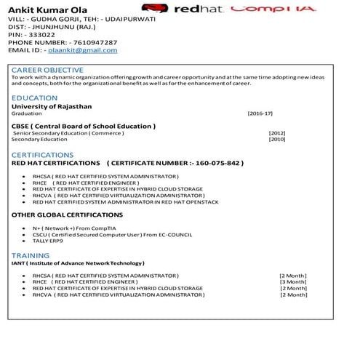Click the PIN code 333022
tap(41, 34)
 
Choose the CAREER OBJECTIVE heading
tap(47, 70)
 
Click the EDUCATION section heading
tap(34, 97)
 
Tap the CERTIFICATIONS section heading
tap(42, 155)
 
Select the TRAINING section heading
tap(31, 256)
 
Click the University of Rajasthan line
tap(51, 106)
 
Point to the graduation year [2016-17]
tap(260, 114)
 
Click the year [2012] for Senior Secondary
tap(276, 133)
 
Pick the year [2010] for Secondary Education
tap(276, 139)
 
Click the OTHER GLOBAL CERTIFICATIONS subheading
tap(67, 215)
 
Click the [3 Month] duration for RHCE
tap(292, 282)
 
